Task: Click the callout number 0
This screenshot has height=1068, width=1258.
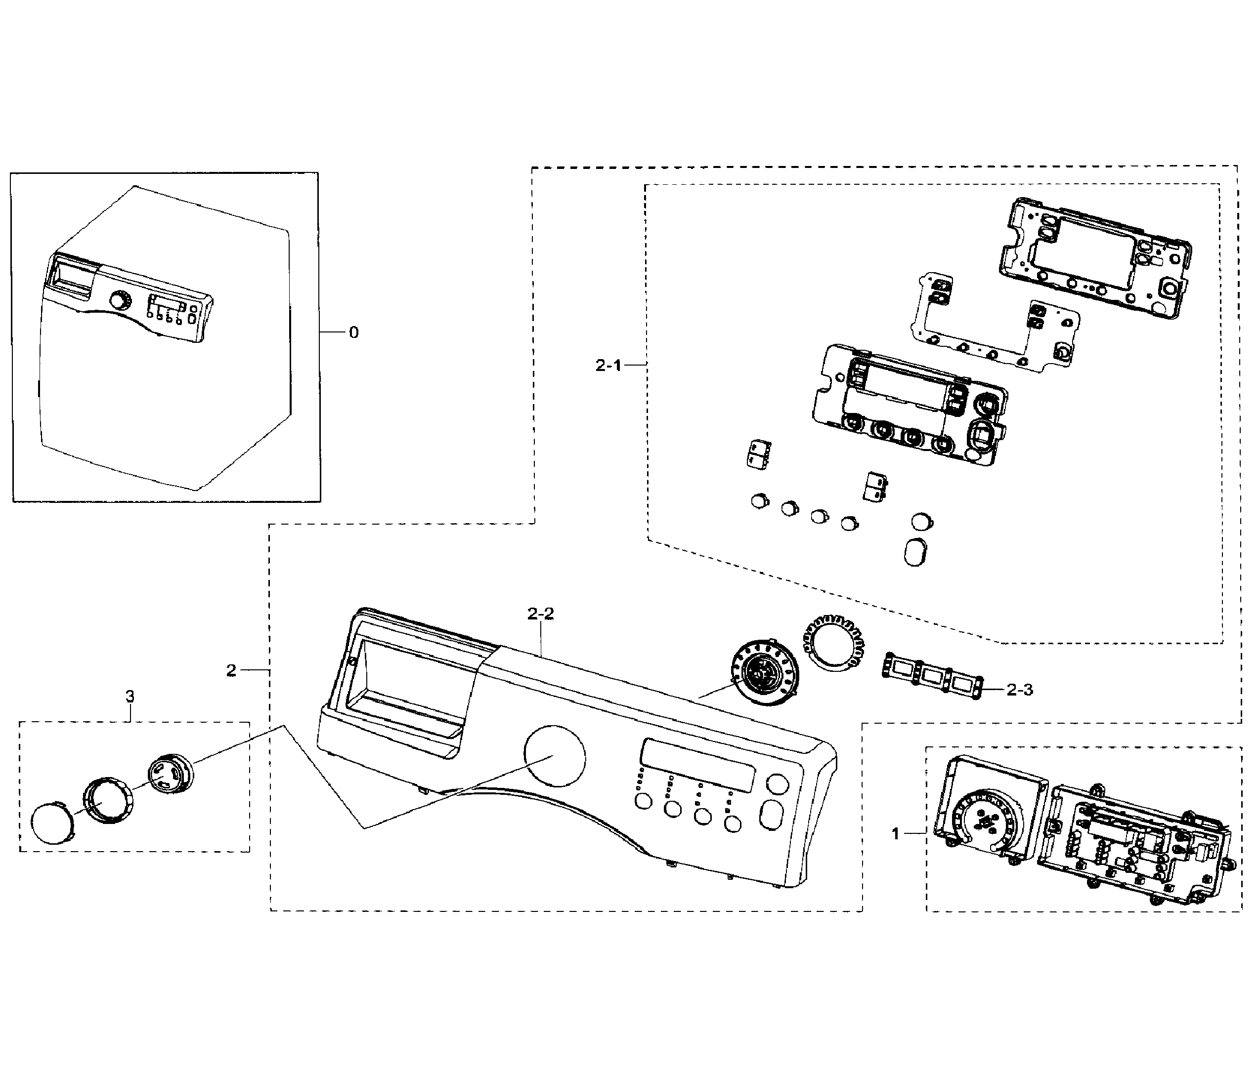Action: [354, 332]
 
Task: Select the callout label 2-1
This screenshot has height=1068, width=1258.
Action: [608, 365]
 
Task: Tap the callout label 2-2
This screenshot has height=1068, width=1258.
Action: [540, 614]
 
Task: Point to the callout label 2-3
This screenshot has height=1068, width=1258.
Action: [1020, 690]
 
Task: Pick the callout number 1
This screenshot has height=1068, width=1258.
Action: [895, 834]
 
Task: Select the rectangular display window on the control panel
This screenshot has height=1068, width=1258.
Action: [696, 765]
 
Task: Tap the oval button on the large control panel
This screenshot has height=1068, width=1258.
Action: [771, 815]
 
